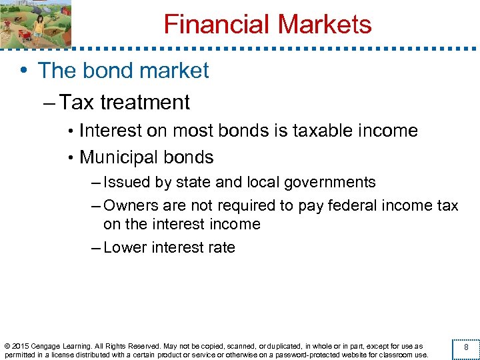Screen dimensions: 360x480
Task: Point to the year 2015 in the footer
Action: coord(21,346)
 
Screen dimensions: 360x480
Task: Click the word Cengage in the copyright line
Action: coord(51,346)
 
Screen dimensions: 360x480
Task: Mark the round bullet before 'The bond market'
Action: coord(25,71)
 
